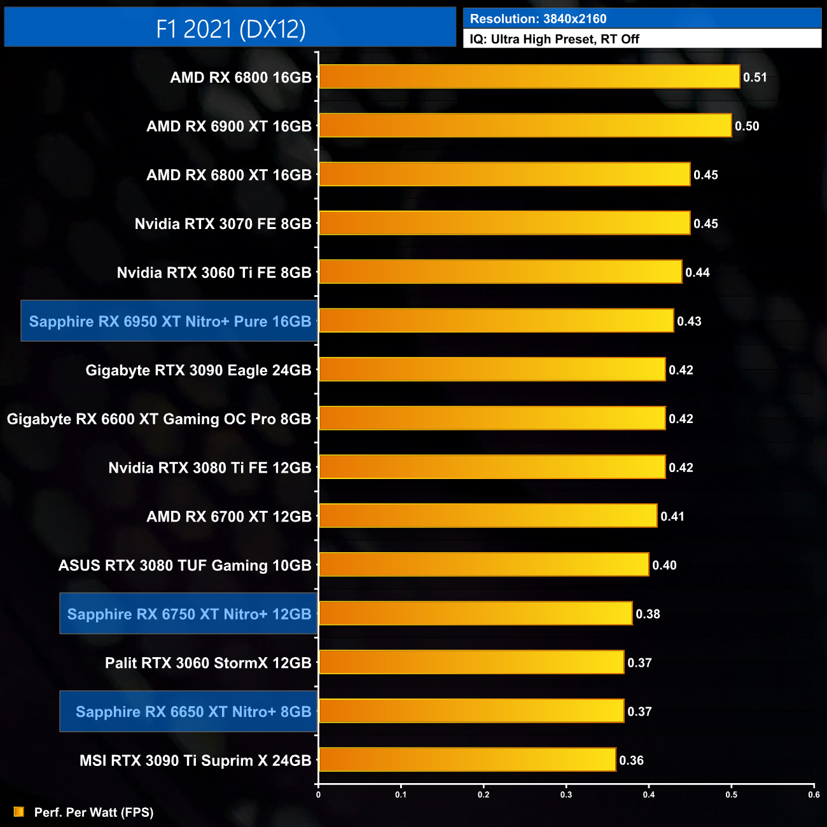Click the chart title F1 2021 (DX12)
point(230,29)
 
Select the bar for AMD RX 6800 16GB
point(529,77)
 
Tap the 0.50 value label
point(747,126)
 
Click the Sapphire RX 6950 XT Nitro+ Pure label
point(170,321)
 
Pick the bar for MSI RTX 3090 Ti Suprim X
point(467,760)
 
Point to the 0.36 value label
point(631,760)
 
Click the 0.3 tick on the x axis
point(566,794)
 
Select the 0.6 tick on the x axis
point(814,794)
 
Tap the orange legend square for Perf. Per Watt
point(19,812)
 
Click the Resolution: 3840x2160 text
point(538,19)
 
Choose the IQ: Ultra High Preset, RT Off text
point(554,39)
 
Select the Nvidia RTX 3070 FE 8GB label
point(223,224)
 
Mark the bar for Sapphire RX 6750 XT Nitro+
point(475,614)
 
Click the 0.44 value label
point(697,272)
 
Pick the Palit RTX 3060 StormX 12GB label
point(208,663)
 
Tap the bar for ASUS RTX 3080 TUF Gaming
point(483,565)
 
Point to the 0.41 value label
point(672,517)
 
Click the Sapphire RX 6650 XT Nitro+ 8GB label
point(193,712)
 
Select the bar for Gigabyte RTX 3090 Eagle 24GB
point(492,370)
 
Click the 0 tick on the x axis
point(318,794)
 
